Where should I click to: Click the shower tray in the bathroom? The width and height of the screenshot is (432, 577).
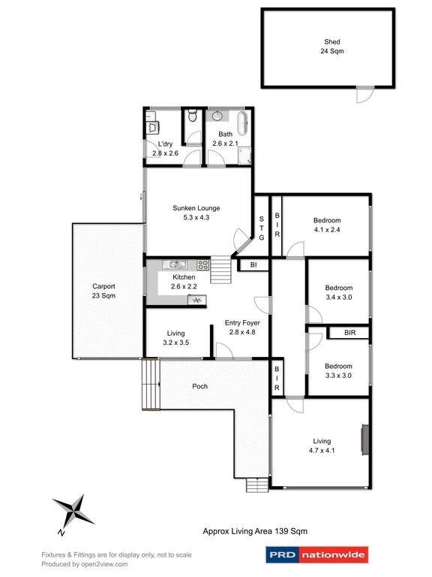pyautogui.click(x=244, y=155)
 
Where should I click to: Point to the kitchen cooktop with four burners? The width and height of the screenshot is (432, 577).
pyautogui.click(x=202, y=264)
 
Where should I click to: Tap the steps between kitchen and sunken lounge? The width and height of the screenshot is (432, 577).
pyautogui.click(x=219, y=270)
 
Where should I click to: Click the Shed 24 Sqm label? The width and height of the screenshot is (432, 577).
pyautogui.click(x=327, y=47)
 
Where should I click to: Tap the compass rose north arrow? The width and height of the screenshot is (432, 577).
pyautogui.click(x=73, y=513)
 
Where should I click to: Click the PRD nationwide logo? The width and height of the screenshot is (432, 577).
pyautogui.click(x=317, y=556)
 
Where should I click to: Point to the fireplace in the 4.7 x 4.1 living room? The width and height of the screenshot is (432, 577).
pyautogui.click(x=364, y=440)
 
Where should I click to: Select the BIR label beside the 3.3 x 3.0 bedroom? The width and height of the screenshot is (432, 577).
pyautogui.click(x=350, y=333)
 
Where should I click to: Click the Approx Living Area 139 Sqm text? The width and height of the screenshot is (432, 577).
pyautogui.click(x=255, y=530)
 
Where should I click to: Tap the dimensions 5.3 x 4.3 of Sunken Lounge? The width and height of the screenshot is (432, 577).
pyautogui.click(x=196, y=218)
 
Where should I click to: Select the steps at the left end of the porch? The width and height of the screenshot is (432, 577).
pyautogui.click(x=150, y=385)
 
